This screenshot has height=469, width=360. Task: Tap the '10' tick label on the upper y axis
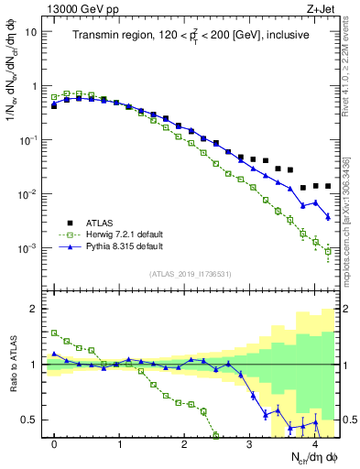pos(30,31)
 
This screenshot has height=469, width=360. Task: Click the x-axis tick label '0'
pos(54,444)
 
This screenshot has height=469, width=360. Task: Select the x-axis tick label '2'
pos(184,444)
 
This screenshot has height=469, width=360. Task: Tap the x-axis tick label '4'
pos(314,444)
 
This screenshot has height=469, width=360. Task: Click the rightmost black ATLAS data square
pos(328,186)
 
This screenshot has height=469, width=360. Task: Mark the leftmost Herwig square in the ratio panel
pos(54,333)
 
